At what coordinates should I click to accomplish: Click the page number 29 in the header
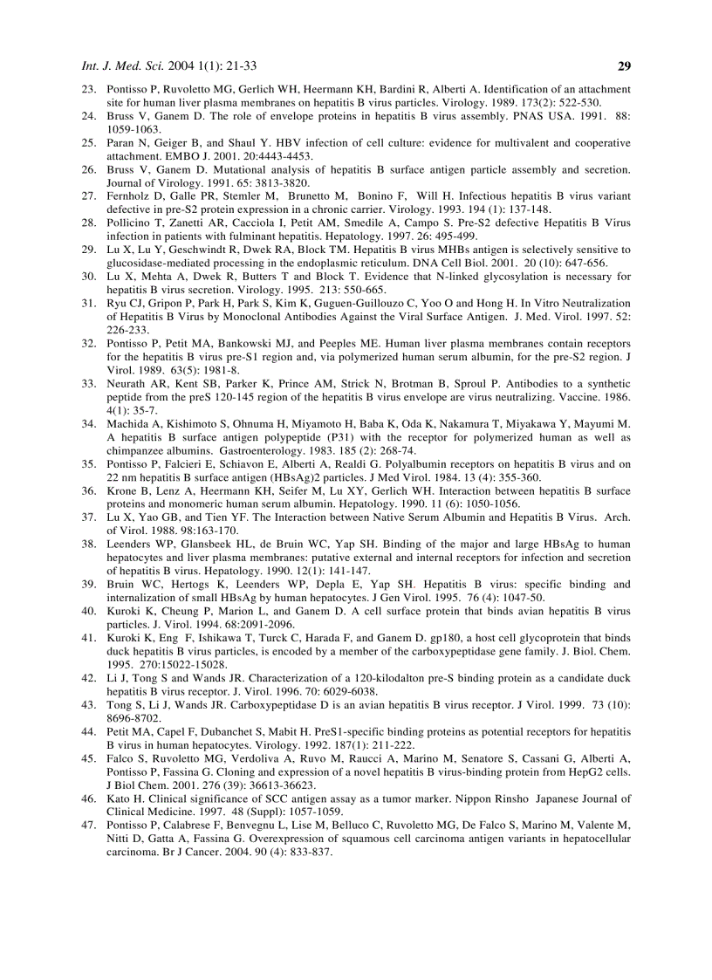point(623,65)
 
